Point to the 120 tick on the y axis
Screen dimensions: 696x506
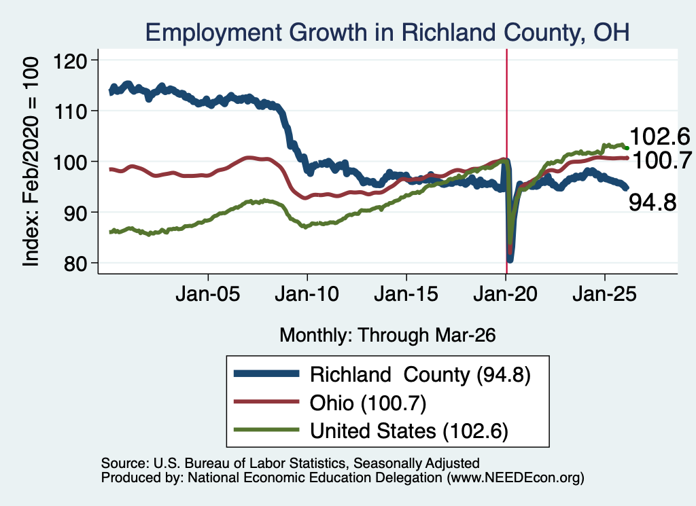71,60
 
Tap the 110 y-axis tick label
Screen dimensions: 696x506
71,111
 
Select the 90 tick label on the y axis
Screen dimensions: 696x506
75,213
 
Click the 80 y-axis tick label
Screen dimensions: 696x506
75,264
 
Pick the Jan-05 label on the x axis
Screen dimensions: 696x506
208,294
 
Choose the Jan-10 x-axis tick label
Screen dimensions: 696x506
307,294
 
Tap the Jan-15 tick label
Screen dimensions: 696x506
406,294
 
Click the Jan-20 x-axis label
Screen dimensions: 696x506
506,294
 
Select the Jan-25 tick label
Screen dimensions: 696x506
604,294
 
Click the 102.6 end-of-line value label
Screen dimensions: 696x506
660,136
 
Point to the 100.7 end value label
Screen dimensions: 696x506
662,160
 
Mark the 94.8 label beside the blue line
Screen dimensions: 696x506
652,202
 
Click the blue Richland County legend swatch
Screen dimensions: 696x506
266,374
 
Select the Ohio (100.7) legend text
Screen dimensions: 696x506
368,403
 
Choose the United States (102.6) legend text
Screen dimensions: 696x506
408,431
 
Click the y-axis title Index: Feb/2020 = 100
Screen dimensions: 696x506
31,162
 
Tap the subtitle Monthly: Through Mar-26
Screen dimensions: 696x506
387,336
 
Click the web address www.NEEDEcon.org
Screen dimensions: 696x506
515,477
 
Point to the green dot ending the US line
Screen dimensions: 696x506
627,148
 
